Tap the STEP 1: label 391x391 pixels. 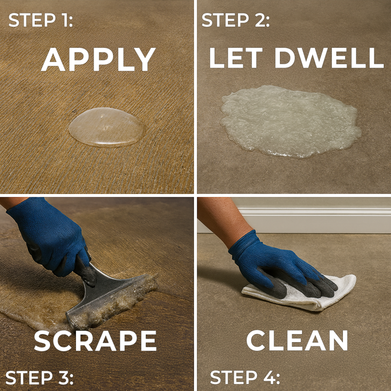[x=41, y=20]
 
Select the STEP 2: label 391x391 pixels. [x=235, y=20]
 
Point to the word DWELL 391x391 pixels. [x=329, y=58]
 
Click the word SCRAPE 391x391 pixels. [x=95, y=341]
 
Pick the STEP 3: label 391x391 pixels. [x=39, y=378]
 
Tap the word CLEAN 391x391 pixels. [x=297, y=341]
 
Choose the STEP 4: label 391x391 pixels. [x=245, y=378]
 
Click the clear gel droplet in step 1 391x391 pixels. [x=107, y=127]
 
